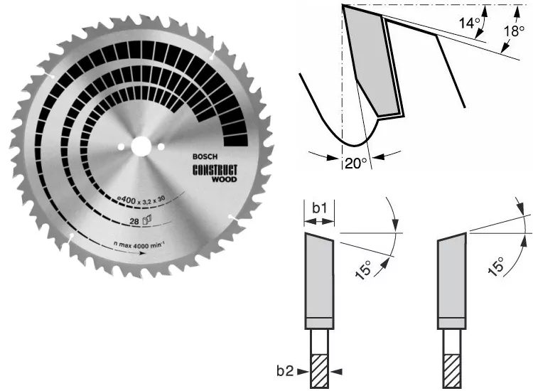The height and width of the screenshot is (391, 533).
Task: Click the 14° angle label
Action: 467,23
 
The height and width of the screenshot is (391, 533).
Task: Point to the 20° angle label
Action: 355,163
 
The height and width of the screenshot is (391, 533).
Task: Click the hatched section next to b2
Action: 318,370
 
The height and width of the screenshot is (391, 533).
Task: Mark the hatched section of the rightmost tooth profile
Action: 451,370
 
